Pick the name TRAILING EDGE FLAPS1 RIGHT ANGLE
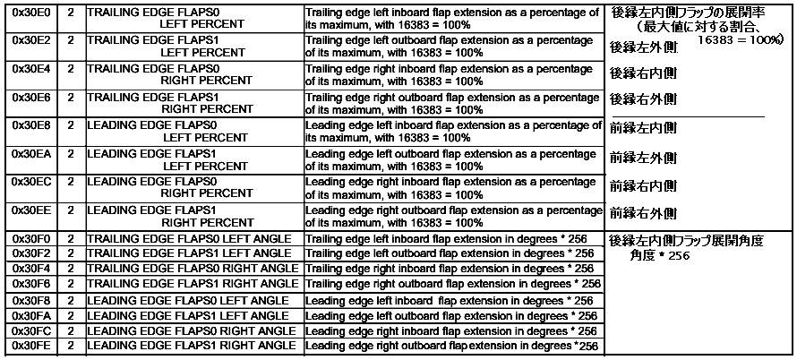pos(193,283)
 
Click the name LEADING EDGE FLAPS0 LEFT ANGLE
pos(188,300)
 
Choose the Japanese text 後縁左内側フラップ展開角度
pos(685,241)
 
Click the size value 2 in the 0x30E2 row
pos(71,40)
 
